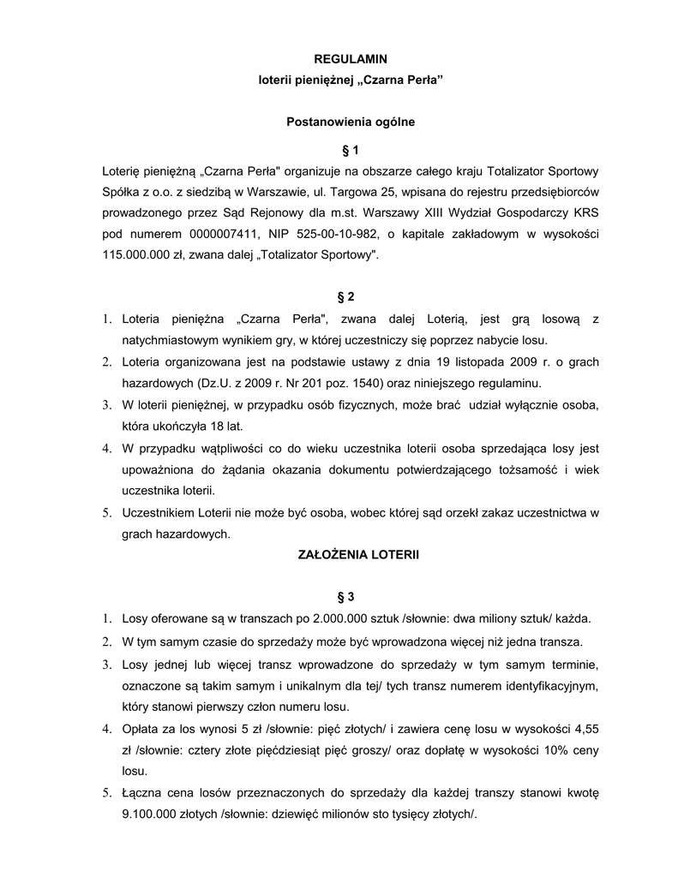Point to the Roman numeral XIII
[x=463, y=212]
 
